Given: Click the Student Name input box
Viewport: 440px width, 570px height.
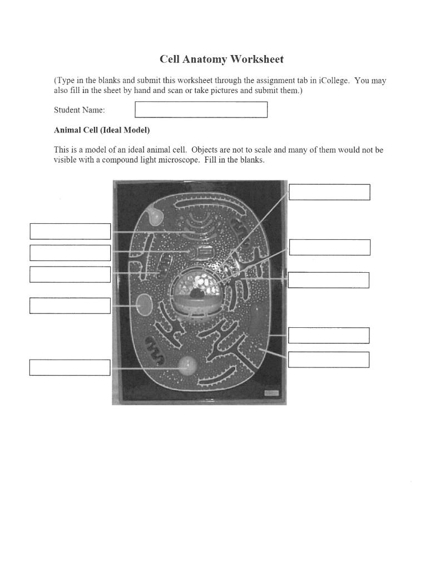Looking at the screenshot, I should [201, 110].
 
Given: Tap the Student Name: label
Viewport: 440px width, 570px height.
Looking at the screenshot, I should [79, 110].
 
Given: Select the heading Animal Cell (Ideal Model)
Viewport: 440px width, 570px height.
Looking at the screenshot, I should [102, 130].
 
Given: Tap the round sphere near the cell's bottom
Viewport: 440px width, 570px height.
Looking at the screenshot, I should [187, 365].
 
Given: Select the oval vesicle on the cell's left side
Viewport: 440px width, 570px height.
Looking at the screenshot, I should [145, 306].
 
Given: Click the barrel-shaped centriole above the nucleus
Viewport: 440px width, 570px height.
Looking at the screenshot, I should [204, 252].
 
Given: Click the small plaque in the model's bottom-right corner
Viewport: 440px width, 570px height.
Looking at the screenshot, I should [271, 393].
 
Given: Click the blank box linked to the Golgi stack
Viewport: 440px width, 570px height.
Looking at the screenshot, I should [70, 231].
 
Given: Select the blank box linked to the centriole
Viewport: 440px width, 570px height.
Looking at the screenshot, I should [70, 253].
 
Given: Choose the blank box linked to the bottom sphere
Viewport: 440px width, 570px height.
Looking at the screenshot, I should [70, 367].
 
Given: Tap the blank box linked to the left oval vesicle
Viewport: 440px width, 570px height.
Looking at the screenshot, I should [70, 306].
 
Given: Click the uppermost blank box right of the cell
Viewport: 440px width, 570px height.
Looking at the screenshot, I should [329, 192].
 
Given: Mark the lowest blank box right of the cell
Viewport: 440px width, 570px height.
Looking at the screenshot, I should [328, 360].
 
